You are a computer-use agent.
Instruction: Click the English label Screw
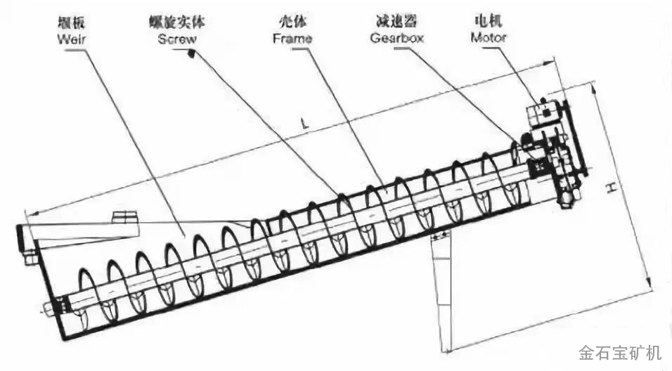(176, 39)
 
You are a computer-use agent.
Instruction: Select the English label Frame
(292, 39)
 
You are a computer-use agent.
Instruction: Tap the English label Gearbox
(396, 38)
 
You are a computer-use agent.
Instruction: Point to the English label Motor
(489, 38)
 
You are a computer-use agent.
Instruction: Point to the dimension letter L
(304, 124)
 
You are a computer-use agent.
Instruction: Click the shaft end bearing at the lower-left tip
(49, 306)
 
